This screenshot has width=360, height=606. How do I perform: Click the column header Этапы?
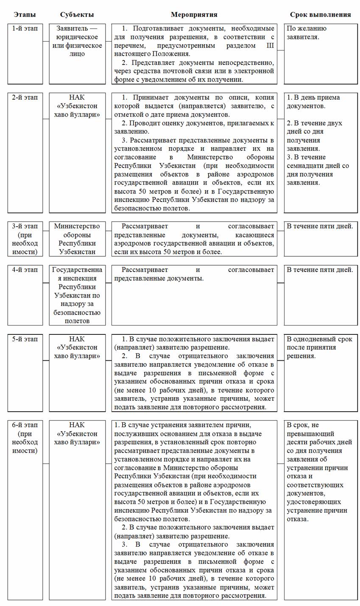point(25,14)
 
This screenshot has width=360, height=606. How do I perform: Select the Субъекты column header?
point(77,14)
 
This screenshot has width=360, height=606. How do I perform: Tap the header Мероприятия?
point(194,14)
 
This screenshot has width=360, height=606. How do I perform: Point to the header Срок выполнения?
point(320,14)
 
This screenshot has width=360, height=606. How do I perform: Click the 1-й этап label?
point(25,29)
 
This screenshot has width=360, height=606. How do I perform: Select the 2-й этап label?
point(25,98)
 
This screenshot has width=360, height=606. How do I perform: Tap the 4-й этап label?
point(25,270)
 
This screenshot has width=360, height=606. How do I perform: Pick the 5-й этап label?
point(25,339)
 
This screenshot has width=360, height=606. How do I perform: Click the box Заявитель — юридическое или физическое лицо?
point(77,41)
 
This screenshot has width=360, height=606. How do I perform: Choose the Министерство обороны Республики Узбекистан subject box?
point(77,239)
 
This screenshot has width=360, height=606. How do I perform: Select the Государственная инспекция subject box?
point(77,295)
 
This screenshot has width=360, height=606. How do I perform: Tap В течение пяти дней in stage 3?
point(320,226)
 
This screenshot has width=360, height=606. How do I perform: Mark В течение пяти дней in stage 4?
point(320,270)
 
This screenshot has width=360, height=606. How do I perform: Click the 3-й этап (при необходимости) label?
point(25,239)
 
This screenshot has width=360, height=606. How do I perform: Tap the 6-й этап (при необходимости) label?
point(25,438)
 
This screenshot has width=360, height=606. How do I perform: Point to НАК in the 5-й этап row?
point(77,339)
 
